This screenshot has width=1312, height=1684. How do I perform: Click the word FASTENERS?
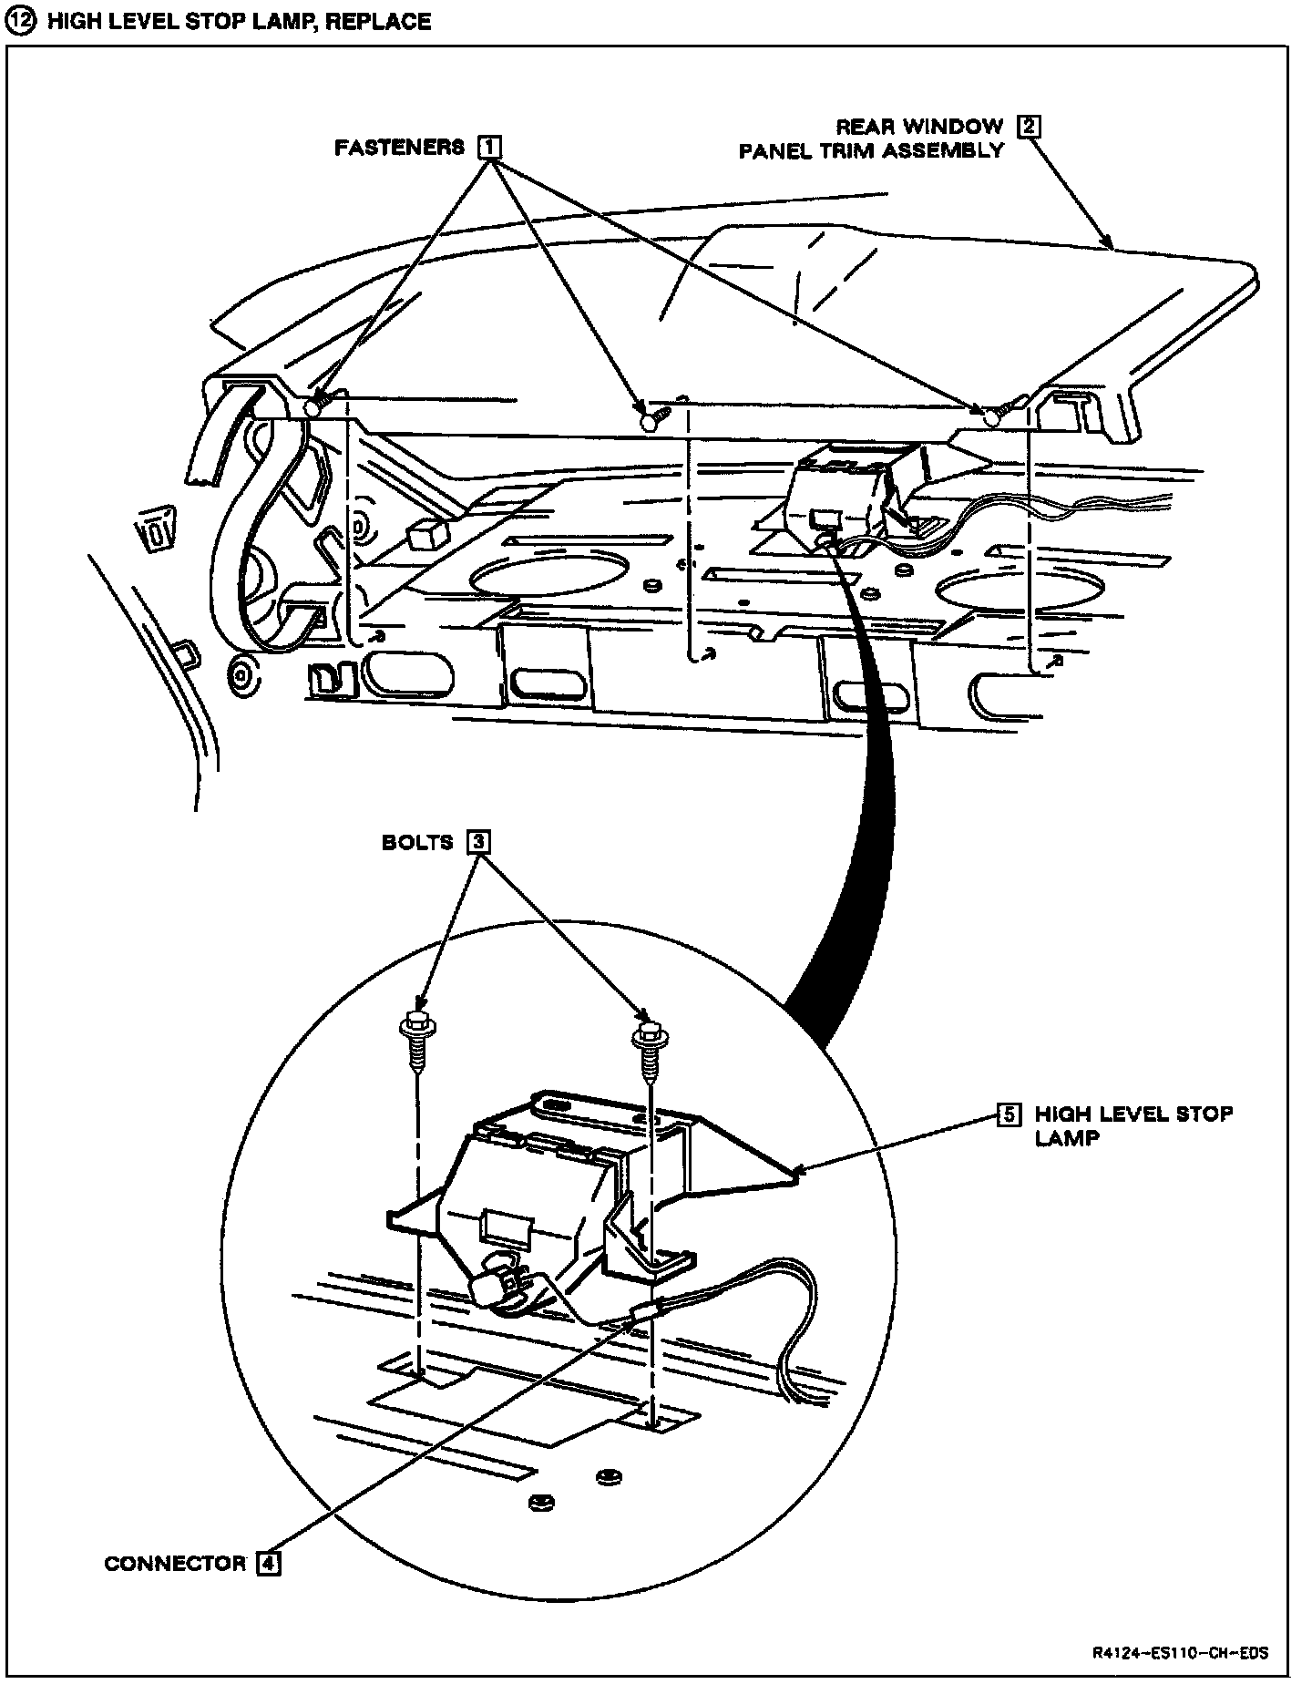coord(399,147)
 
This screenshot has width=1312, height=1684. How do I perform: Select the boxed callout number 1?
coord(490,147)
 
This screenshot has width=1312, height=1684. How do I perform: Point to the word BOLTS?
coord(416,842)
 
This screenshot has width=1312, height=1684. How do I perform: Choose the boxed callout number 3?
coord(477,842)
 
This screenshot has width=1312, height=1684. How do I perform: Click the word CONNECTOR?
coord(175,1564)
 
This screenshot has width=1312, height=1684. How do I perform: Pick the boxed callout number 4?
coord(268,1564)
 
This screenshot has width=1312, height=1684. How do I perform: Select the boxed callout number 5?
coord(1009,1114)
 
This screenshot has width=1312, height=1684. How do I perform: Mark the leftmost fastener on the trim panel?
coord(315,406)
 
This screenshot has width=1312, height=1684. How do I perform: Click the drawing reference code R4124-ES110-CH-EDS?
coord(1182,1654)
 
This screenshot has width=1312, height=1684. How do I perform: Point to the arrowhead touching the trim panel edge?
coord(1109,244)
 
